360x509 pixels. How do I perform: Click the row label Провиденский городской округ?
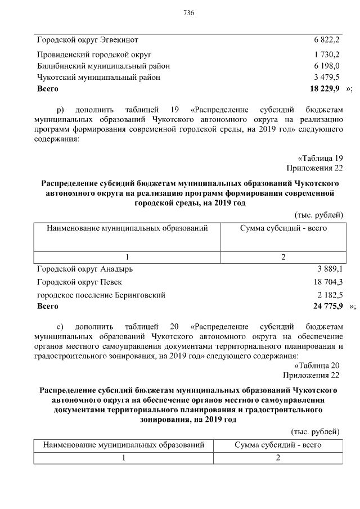(94, 55)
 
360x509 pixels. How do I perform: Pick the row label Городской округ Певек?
(79, 282)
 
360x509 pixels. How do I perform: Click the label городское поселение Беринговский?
(101, 295)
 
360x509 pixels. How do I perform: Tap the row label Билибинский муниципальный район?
(103, 66)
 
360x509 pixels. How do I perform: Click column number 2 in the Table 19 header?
(283, 257)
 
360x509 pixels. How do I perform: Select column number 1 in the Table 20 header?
(123, 457)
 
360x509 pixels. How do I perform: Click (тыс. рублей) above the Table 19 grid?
(318, 215)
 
